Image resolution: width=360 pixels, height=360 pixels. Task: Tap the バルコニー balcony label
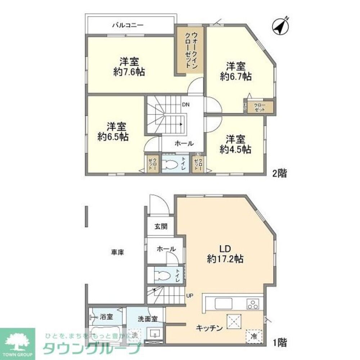(x=128, y=25)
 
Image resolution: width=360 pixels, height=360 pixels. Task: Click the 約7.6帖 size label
(x=129, y=72)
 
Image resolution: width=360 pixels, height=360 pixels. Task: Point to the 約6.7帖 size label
(x=236, y=76)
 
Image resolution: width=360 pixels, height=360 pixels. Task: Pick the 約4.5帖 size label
(x=236, y=149)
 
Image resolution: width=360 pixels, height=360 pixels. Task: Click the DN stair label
(x=186, y=105)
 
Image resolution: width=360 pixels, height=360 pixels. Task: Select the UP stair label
(x=190, y=296)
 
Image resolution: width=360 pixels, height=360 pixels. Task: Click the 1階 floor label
(x=279, y=342)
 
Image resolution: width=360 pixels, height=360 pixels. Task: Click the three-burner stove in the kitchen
(x=253, y=304)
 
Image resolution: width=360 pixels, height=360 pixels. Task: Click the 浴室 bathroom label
(x=107, y=317)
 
